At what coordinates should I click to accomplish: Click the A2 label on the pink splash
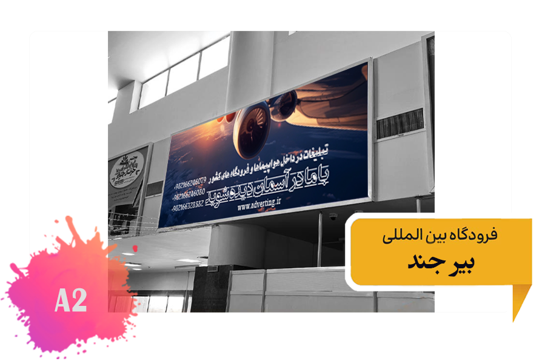pyautogui.click(x=71, y=300)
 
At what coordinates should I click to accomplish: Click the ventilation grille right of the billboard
pyautogui.click(x=400, y=124)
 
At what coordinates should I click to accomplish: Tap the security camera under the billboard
pyautogui.click(x=333, y=216)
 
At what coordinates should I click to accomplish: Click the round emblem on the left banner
pyautogui.click(x=126, y=172)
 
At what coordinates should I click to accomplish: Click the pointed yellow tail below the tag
pyautogui.click(x=520, y=302)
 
